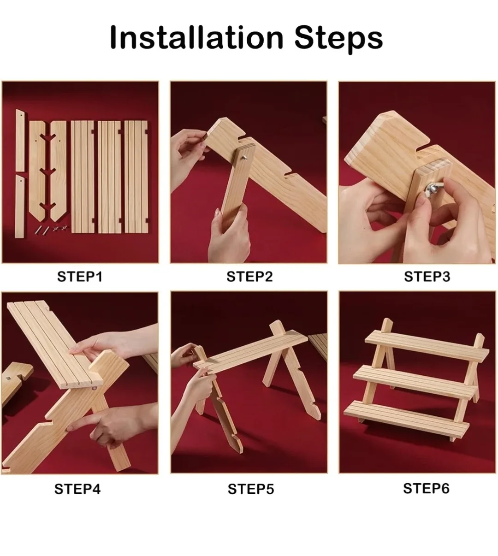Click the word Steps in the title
[x=338, y=38]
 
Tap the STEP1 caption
[x=79, y=277]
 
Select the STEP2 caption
[x=249, y=277]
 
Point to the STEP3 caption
[x=427, y=277]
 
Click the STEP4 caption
[x=77, y=489]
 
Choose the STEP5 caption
[x=250, y=489]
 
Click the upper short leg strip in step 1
[x=20, y=140]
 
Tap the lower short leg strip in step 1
[x=20, y=206]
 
